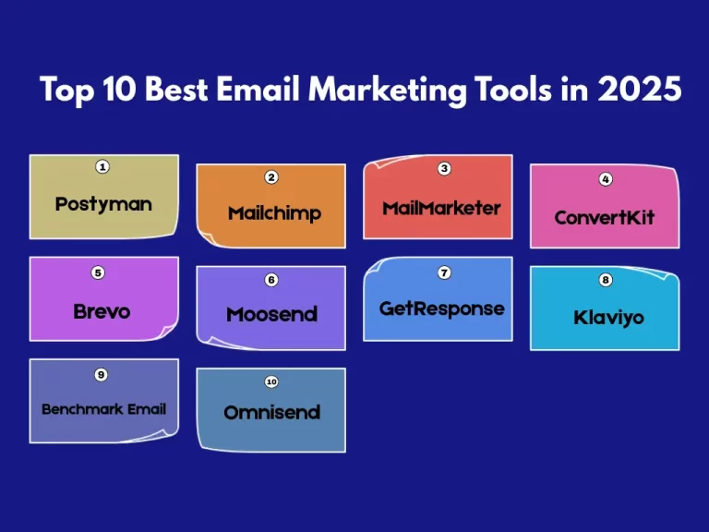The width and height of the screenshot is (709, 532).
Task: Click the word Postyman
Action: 103,203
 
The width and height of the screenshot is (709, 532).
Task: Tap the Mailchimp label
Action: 274,213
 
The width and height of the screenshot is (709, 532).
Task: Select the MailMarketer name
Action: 441,208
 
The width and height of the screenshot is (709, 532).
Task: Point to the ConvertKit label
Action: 604,218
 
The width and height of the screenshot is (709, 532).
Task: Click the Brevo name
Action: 102,311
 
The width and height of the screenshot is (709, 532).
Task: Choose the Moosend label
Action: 271,314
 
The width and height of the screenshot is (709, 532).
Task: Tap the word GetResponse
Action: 442,308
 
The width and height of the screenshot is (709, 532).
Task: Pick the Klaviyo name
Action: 608,318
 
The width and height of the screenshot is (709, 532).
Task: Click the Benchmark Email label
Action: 104,408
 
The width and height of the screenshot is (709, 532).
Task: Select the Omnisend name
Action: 271,412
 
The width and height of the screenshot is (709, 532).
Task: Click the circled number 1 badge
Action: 102,167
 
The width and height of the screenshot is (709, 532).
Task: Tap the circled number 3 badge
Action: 444,169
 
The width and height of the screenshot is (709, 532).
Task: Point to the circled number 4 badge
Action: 606,178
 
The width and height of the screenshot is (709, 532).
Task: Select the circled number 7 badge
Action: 444,272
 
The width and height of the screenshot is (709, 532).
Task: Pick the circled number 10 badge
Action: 271,381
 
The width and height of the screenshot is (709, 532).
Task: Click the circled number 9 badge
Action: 102,374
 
